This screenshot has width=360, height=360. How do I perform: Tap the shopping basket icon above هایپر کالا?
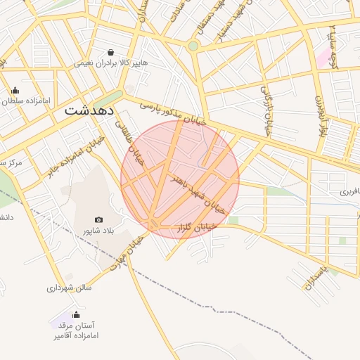coord(111,52)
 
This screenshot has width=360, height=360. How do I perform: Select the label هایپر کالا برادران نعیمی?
coord(111,63)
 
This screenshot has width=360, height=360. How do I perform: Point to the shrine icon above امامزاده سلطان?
coord(15,90)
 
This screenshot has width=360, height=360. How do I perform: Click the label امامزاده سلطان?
coord(28,101)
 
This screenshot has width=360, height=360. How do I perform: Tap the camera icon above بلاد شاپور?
coord(98,220)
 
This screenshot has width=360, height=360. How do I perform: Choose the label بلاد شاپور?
coord(99,231)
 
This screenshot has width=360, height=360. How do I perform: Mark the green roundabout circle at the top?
coord(193,46)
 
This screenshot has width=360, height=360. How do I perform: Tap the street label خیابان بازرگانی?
coord(267,110)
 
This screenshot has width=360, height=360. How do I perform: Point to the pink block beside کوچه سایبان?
coord(324,58)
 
